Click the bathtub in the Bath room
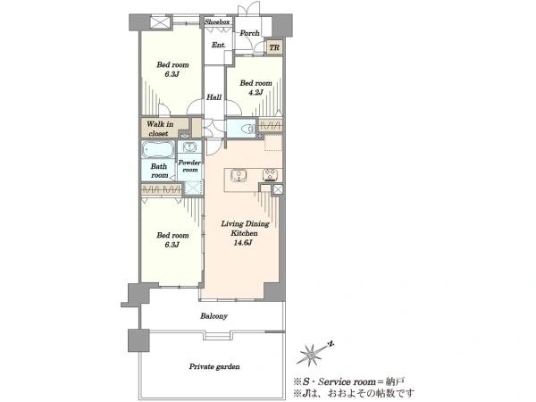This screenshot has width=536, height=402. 157,149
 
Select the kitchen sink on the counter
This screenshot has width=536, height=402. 239,176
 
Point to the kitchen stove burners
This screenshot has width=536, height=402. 270,175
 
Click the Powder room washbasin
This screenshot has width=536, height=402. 189,147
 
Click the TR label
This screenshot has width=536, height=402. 274,47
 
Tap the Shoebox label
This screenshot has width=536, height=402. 217,21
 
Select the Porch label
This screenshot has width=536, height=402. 249,33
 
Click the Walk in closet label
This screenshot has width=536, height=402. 160,129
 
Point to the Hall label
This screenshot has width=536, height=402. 214,97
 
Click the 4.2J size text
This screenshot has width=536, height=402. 255,92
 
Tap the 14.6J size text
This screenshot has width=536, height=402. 243,243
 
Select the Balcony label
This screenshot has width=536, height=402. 214,316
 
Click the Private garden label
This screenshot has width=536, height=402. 214,367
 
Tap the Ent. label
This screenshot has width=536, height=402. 219,45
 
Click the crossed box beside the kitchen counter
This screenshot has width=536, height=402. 278,189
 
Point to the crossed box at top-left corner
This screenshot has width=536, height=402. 161,23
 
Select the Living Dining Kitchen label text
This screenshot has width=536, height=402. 245,229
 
